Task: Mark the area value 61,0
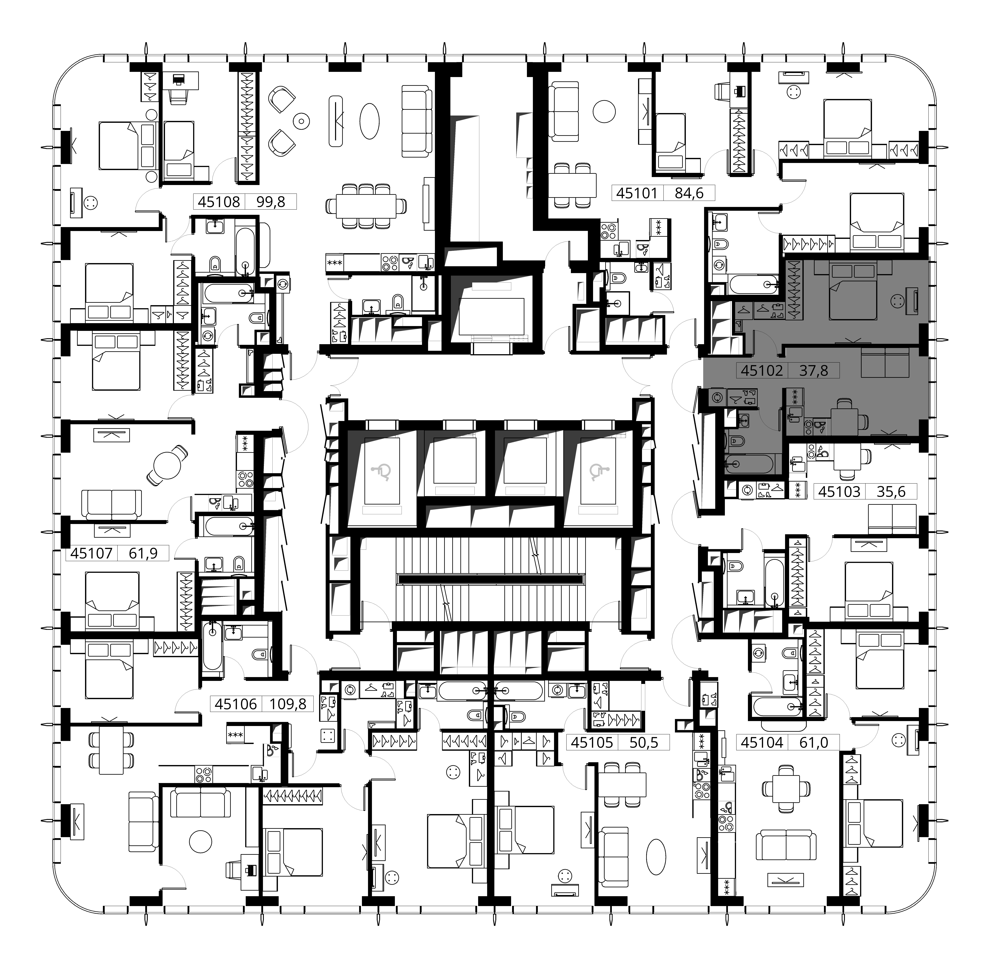[x=814, y=742]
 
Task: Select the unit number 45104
[x=762, y=742]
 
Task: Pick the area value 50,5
[x=644, y=742]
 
